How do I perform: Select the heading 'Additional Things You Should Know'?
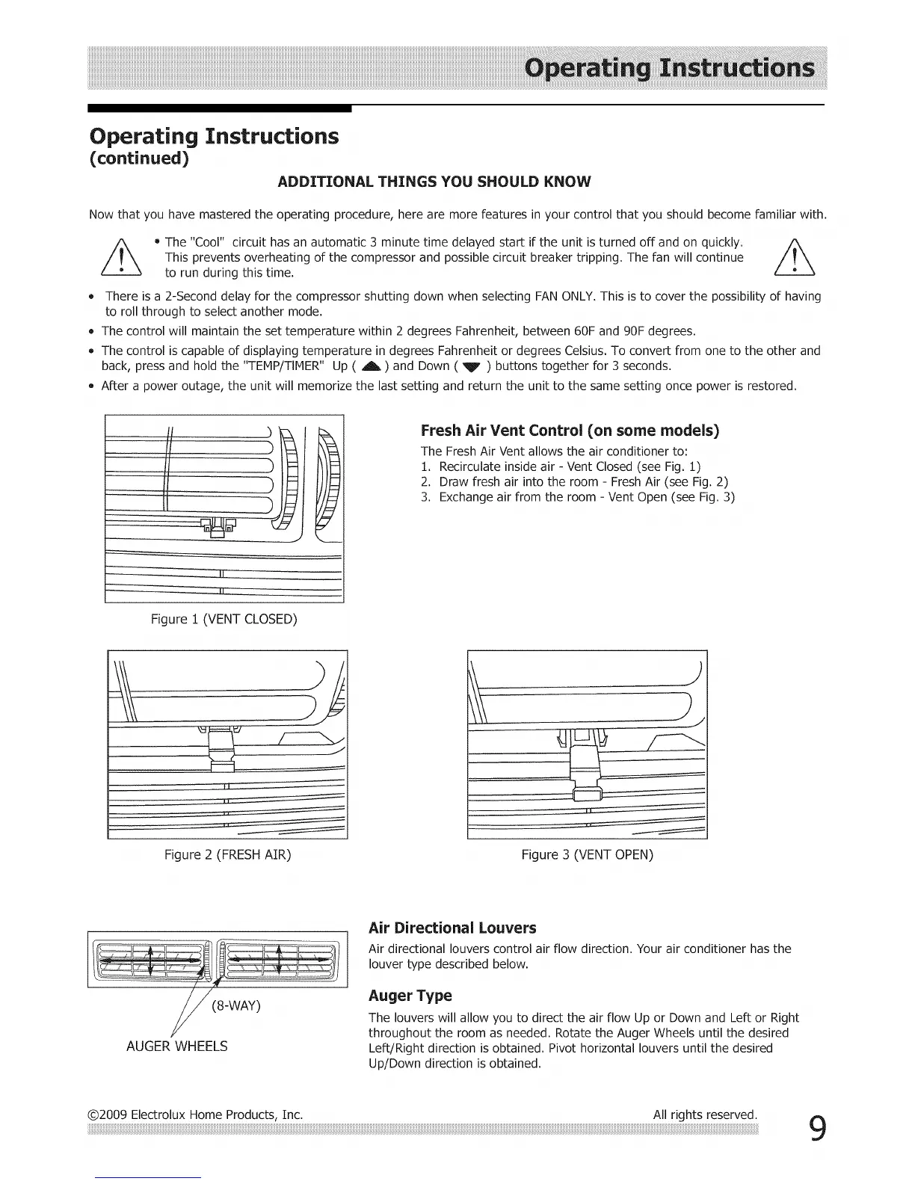[434, 182]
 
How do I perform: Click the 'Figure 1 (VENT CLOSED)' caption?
[224, 619]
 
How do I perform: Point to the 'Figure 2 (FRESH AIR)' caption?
[227, 854]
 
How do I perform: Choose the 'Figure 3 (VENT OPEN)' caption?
[587, 854]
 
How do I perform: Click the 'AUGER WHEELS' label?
[177, 1046]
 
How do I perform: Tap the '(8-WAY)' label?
[236, 1005]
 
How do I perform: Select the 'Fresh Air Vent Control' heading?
[570, 431]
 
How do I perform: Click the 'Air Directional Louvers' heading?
[452, 928]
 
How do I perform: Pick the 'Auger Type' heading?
[410, 996]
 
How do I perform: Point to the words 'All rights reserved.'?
[705, 1114]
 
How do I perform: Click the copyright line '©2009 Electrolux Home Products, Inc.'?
[195, 1114]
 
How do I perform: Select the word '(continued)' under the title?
[139, 159]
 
